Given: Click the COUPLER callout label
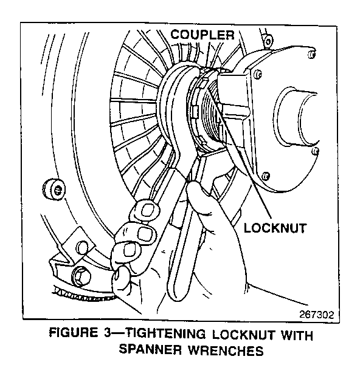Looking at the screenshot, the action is [202, 35].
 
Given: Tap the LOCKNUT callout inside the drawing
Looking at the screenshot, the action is [275, 228].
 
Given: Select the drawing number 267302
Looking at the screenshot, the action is [316, 315].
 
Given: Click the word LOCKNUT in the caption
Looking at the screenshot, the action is [244, 335].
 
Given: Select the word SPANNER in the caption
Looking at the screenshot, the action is [150, 349].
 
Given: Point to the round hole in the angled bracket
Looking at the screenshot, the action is [83, 247].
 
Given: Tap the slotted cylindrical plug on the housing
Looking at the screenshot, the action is [54, 189].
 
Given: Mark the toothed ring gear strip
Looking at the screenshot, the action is [83, 294].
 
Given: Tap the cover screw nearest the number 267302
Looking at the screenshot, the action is [315, 152].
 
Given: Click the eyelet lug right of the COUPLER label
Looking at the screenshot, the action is [268, 41].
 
